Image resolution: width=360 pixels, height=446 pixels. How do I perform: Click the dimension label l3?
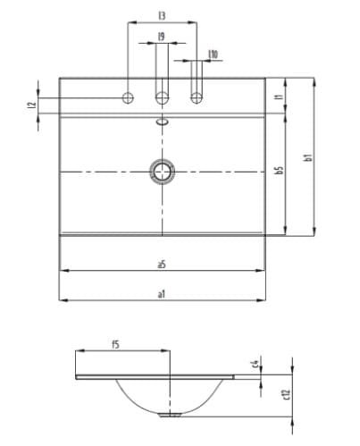click(x=161, y=16)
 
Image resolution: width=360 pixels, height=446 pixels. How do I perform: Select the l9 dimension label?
click(x=161, y=37)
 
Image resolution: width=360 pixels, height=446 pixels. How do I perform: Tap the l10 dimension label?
click(x=212, y=55)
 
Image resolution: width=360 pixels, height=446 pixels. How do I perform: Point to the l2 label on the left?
click(x=31, y=105)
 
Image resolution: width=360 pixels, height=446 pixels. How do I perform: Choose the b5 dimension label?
click(x=279, y=170)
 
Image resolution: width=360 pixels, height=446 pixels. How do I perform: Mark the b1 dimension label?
click(x=307, y=156)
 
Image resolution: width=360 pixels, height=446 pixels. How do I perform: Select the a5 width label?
click(x=161, y=264)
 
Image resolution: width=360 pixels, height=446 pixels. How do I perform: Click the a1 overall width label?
click(x=161, y=293)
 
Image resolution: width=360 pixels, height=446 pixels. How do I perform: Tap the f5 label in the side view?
click(x=115, y=344)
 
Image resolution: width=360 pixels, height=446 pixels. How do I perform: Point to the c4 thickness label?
click(x=255, y=363)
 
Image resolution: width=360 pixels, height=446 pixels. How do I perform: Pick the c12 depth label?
click(x=285, y=393)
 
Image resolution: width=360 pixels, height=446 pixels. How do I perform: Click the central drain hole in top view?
click(x=163, y=170)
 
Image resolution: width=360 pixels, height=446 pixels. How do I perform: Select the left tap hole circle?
click(x=129, y=97)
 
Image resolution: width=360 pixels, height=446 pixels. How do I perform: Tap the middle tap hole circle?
click(x=163, y=97)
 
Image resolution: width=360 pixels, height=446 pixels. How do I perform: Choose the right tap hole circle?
click(x=196, y=97)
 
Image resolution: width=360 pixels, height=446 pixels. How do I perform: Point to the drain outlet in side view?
click(x=166, y=416)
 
